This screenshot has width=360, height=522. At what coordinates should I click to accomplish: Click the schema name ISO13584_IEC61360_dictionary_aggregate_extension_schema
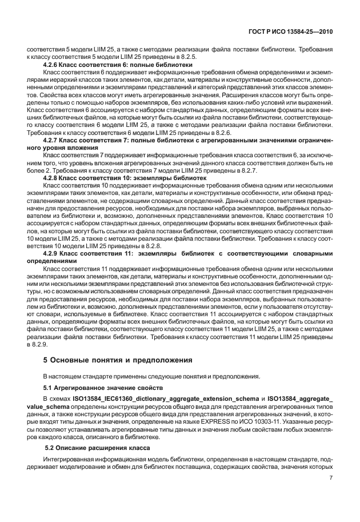coord(163,399)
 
